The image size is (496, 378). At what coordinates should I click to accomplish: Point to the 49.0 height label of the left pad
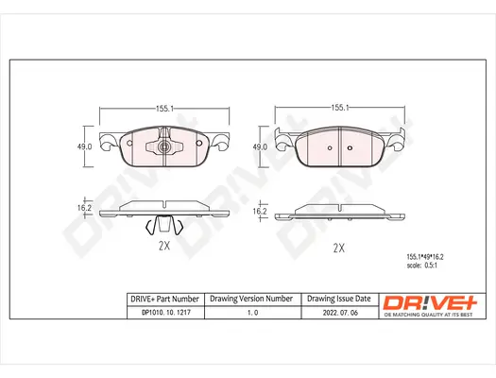pos(83,146)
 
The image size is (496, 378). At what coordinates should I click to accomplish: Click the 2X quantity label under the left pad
pos(162,246)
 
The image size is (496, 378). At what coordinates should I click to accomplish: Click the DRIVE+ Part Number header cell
pos(162,299)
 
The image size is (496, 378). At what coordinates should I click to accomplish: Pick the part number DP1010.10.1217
pos(162,315)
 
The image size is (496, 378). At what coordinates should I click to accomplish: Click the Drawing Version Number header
pos(251,299)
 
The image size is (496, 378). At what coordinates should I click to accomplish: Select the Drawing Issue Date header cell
pos(339,299)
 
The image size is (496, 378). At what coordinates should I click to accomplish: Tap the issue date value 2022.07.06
pos(339,315)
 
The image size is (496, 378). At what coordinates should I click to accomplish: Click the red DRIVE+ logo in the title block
pos(426,301)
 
